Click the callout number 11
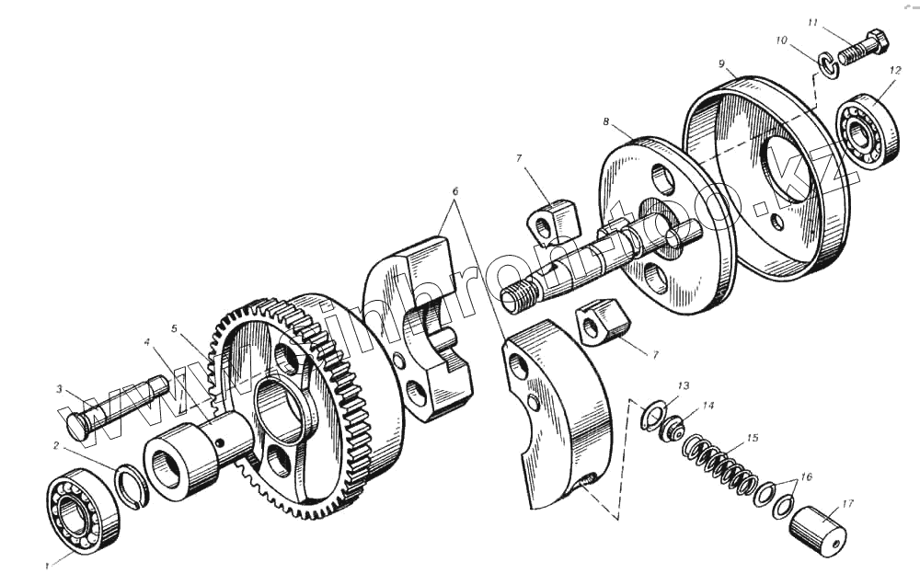click(812, 22)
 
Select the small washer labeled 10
click(828, 64)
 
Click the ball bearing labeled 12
click(864, 132)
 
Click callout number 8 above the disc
click(606, 121)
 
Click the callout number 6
click(454, 190)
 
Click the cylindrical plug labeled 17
click(818, 529)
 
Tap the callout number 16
click(807, 476)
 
